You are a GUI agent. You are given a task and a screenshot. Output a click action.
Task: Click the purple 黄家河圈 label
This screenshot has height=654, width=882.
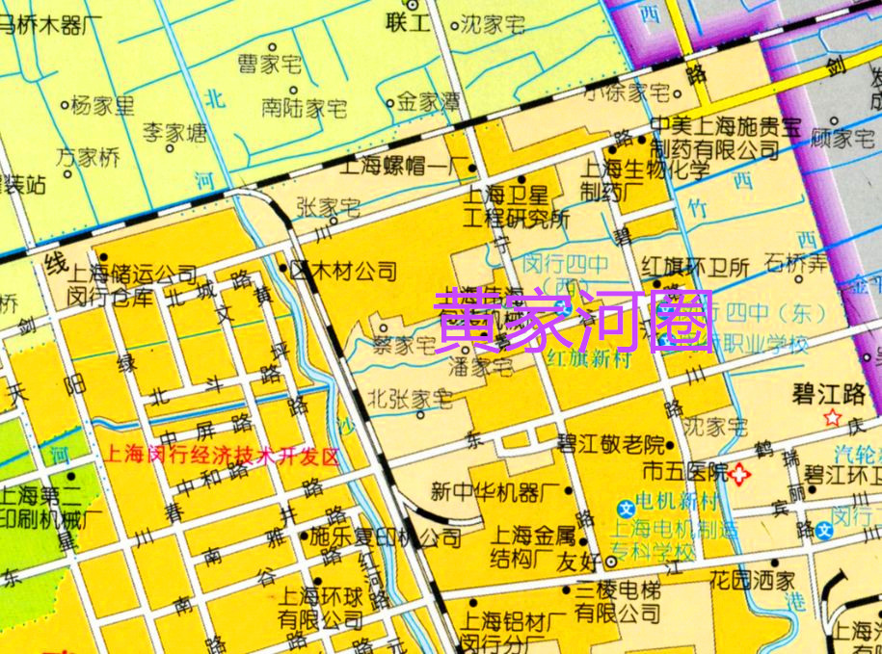(x=575, y=320)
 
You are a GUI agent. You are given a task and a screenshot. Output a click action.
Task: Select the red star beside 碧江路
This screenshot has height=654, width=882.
(x=833, y=417)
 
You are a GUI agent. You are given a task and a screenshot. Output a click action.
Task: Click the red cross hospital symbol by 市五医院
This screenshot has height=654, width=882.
(x=740, y=473)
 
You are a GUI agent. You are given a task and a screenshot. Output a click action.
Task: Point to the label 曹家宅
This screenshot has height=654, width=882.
(x=270, y=65)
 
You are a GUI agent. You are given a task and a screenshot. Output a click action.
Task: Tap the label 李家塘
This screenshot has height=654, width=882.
(x=174, y=132)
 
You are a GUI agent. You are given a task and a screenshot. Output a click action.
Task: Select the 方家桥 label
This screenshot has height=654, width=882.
(x=88, y=156)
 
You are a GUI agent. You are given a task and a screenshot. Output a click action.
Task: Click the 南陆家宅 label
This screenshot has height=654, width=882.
(x=304, y=108)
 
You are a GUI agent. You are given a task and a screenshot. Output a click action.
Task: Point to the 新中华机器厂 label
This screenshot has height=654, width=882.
(x=489, y=492)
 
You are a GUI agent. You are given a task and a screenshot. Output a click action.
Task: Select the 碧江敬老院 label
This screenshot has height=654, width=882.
(x=610, y=445)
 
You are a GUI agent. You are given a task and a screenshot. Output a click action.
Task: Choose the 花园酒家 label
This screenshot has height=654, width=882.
(x=764, y=581)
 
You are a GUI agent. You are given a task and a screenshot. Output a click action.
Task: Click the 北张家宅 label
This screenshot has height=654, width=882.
(x=410, y=397)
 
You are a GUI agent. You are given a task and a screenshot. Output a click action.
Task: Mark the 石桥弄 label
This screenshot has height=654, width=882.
(x=795, y=262)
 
